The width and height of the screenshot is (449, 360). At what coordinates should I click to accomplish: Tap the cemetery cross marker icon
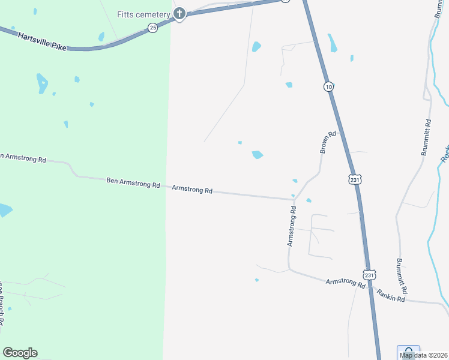coord(179,14)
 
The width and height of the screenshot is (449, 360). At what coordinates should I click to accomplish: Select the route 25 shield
coord(153,28)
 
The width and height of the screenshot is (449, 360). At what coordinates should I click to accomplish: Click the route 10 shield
coord(328,87)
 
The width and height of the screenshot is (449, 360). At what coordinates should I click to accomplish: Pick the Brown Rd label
coord(327,142)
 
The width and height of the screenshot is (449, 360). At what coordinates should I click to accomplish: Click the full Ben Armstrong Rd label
coord(133,182)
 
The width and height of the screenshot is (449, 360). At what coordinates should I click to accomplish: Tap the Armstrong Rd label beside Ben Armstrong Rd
coord(192,190)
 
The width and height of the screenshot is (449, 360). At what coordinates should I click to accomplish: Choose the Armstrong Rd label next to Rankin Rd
coord(346,283)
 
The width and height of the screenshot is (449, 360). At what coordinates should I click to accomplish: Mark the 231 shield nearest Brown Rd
coord(354,179)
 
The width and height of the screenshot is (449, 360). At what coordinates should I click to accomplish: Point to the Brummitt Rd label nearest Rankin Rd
coord(402,275)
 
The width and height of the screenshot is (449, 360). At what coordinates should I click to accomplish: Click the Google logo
coord(20,353)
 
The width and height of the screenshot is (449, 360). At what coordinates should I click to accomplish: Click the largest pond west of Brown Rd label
coord(258,155)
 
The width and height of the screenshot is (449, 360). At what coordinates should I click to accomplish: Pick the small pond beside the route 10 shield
coord(289,85)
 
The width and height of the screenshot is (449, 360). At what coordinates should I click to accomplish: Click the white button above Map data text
coord(408,349)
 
